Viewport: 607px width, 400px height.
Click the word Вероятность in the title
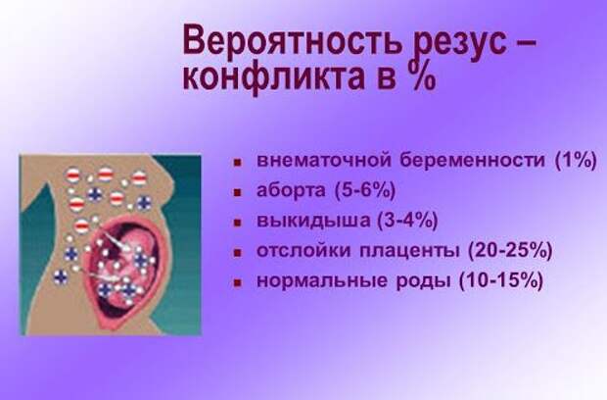[292, 41]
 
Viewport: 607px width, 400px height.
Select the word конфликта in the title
[274, 77]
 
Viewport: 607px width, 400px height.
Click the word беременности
[472, 159]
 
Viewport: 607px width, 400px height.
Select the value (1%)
[576, 160]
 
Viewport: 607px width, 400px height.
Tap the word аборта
[291, 190]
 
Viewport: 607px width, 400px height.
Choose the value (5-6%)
[364, 190]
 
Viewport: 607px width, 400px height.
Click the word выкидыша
[312, 221]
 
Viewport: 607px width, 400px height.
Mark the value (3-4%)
[407, 221]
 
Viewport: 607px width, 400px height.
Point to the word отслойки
[303, 251]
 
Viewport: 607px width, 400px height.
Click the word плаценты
[409, 251]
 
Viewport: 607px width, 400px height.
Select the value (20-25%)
[510, 250]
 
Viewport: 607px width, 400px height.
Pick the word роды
[424, 281]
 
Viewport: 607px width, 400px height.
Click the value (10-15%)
[501, 280]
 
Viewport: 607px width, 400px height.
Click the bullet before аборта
[238, 192]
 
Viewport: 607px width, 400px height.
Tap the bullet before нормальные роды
[238, 282]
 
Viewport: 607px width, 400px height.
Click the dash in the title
[527, 43]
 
